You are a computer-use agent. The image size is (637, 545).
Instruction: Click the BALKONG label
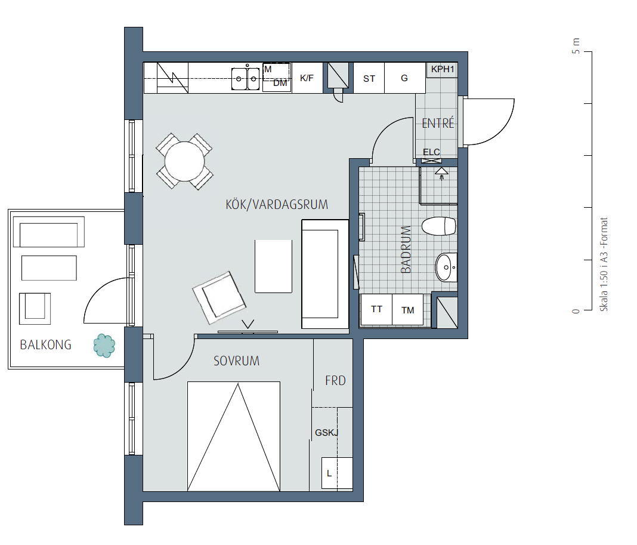[45, 345]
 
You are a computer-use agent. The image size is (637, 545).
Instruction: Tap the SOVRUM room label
[236, 361]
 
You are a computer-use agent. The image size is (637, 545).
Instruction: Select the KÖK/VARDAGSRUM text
[277, 204]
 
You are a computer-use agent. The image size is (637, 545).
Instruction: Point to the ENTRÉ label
[438, 122]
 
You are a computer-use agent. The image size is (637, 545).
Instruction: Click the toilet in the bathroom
[439, 226]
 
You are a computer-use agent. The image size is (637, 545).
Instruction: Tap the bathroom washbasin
[446, 267]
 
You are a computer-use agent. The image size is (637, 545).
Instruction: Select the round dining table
[184, 161]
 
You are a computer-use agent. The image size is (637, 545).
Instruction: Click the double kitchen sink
[245, 78]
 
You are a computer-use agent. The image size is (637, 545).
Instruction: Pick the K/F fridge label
[307, 78]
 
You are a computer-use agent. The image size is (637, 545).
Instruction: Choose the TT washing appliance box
[376, 310]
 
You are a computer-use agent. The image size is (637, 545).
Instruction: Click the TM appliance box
[408, 310]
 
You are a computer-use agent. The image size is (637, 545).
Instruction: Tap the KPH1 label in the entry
[443, 69]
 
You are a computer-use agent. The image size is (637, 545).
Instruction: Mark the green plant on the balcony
[104, 346]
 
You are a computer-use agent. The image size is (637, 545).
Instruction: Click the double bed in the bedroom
[234, 436]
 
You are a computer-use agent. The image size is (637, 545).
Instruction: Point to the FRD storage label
[336, 381]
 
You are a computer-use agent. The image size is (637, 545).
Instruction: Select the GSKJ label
[327, 432]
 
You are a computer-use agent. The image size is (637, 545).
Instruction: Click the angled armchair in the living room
[219, 298]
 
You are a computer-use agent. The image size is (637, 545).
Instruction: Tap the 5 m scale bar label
[576, 45]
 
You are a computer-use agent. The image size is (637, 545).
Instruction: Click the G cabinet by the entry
[404, 78]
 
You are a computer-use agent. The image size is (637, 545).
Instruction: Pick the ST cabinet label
[369, 78]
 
